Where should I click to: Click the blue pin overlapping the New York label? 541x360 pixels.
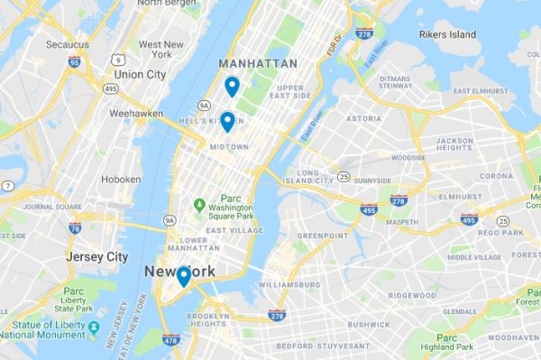tap(183, 276)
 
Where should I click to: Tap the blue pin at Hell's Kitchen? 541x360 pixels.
tap(227, 121)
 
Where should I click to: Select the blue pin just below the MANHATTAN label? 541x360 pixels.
tap(232, 87)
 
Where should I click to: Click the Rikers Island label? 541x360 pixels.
tap(447, 34)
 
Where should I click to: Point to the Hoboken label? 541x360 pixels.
tap(121, 180)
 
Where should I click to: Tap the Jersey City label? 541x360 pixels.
tap(97, 257)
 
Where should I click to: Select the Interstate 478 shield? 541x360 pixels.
tap(171, 339)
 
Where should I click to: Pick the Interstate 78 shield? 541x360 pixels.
tap(75, 228)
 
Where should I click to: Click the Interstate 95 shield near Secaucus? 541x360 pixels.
tap(73, 62)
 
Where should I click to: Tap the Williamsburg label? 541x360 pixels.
tap(290, 284)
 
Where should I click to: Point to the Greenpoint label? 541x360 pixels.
tap(322, 235)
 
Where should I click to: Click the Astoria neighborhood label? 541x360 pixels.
tap(363, 118)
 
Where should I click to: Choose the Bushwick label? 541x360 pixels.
tap(369, 323)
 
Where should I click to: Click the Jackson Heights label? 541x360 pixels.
tap(454, 145)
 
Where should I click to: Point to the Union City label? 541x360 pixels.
tap(140, 74)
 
